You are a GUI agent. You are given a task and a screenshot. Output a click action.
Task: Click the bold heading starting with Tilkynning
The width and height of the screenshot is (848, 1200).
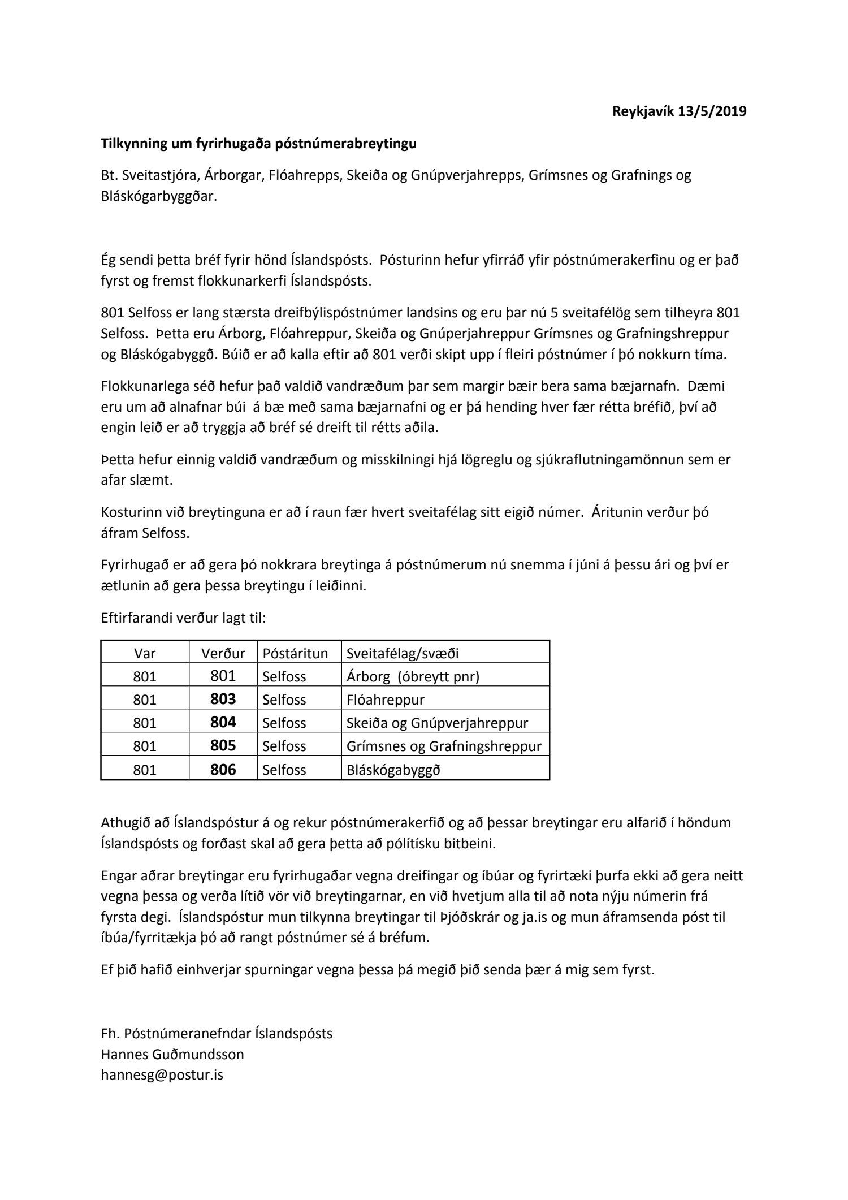[258, 144]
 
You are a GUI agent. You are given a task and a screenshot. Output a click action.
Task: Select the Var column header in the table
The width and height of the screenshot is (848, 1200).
[145, 654]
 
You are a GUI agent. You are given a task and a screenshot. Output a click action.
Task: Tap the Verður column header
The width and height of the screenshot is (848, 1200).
[223, 654]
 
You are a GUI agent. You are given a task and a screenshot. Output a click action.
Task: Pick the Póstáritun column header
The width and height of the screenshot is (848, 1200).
[295, 654]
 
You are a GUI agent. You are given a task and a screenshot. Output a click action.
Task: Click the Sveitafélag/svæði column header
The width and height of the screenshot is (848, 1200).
[403, 654]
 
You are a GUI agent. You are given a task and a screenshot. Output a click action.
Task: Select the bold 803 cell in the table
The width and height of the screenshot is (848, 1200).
[223, 700]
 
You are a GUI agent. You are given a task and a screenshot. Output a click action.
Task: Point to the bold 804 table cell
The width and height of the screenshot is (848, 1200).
[223, 723]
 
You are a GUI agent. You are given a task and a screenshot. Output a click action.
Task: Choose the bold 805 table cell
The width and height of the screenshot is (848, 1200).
[223, 746]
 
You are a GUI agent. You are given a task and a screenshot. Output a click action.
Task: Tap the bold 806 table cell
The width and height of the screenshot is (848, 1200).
[223, 770]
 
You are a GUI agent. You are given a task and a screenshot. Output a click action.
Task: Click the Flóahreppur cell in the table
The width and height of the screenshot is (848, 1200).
[386, 700]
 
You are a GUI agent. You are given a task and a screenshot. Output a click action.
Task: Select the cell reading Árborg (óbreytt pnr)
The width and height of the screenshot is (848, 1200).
[413, 677]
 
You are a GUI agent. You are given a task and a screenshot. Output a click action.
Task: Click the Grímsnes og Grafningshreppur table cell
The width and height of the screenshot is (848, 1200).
[444, 746]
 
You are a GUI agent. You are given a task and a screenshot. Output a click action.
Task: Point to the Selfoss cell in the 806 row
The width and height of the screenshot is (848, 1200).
[284, 770]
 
